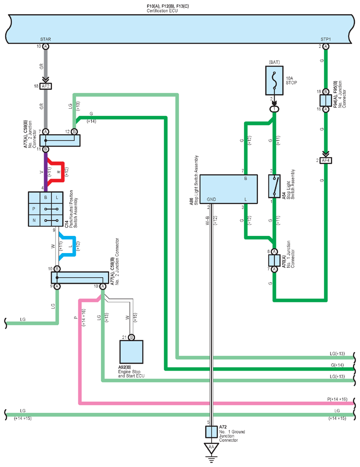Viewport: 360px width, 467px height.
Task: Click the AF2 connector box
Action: coord(45,87)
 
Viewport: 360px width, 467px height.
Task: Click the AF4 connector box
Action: coord(326,160)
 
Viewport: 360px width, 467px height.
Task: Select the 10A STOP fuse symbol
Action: coord(274,82)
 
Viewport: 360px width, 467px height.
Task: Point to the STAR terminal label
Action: coord(46,40)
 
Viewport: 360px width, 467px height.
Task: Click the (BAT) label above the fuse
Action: coord(274,63)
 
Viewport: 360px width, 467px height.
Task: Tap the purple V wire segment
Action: coord(45,169)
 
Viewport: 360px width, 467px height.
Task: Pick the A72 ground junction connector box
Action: coord(211,431)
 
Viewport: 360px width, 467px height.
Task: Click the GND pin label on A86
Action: coord(212,199)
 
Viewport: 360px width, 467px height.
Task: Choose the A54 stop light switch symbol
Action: coord(274,186)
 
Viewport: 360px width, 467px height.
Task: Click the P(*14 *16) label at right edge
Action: coord(337,399)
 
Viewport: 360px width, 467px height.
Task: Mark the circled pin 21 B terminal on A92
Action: coord(131,337)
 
